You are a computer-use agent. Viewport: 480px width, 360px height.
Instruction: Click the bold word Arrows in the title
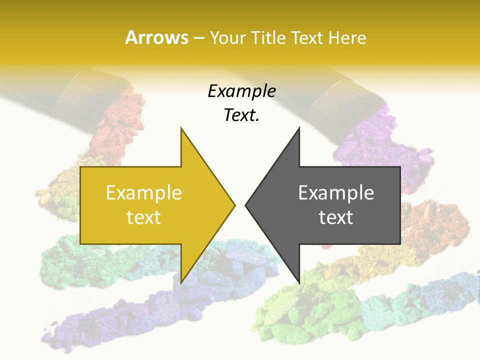157,37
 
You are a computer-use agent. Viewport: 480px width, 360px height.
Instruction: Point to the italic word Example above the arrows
241,91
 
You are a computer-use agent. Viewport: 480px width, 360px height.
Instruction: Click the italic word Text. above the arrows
241,115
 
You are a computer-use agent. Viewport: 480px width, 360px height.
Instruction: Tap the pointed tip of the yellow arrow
235,204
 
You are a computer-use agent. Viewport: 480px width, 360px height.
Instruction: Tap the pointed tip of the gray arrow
245,204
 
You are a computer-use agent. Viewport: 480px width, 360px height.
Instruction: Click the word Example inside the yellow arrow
144,192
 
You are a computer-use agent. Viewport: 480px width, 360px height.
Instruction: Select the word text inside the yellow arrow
144,217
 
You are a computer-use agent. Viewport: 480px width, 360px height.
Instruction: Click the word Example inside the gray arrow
336,192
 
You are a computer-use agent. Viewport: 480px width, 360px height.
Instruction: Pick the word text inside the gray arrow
336,217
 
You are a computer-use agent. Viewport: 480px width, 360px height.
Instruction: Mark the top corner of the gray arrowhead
299,128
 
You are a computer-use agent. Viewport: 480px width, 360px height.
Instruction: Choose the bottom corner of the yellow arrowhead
181,283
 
